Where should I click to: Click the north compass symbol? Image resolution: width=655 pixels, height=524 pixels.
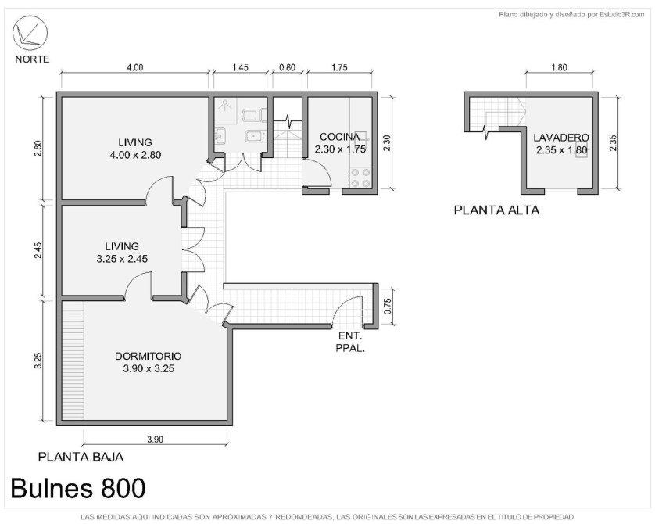pos(30,33)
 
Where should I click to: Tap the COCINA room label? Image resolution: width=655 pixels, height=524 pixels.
pos(339,137)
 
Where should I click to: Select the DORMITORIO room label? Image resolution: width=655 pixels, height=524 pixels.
pos(149,357)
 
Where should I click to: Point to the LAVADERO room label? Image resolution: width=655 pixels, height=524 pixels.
pos(561,138)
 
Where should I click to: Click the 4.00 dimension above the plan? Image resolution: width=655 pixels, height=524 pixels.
pos(135,68)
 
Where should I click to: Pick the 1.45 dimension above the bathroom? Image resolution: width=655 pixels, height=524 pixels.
pos(240,68)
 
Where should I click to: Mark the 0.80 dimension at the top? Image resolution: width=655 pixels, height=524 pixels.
pos(287,68)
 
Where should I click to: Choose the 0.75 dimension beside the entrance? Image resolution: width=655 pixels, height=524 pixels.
pos(388,307)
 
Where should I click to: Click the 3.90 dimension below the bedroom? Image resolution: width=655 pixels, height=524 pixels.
pos(155,440)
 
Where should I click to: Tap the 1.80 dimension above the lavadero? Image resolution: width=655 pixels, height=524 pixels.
pos(559,68)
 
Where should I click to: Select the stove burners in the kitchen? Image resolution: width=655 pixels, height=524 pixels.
pos(360,178)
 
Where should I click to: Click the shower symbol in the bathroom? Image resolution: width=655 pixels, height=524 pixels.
pos(226,105)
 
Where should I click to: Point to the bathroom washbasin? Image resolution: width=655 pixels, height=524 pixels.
pos(220,136)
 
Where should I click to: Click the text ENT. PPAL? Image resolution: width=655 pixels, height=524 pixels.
pos(350,343)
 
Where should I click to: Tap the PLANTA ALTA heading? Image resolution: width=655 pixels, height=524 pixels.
pos(496,210)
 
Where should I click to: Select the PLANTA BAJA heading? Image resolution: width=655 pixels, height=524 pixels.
pos(81,458)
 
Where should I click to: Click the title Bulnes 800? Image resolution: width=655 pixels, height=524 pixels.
pos(78,488)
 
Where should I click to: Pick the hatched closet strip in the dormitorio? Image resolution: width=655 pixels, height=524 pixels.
pos(73,361)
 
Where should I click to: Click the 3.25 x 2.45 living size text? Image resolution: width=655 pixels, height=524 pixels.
pos(122,259)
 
